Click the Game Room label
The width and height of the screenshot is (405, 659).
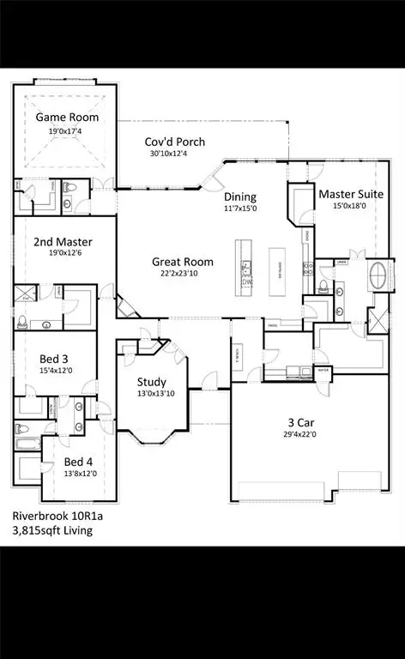(67, 118)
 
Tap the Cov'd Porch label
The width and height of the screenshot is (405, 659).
(175, 142)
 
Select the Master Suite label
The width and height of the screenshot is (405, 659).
(350, 195)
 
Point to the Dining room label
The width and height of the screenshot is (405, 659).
(240, 196)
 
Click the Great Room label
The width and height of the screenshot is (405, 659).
(183, 262)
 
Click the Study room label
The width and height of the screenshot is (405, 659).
(152, 382)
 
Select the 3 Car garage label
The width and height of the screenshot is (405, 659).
(305, 422)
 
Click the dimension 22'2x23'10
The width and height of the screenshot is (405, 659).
(183, 274)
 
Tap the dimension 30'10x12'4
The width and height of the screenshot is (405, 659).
(175, 154)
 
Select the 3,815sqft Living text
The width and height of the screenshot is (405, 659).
(52, 531)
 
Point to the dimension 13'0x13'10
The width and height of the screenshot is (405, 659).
(152, 394)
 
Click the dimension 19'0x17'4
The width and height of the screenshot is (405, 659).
(67, 130)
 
